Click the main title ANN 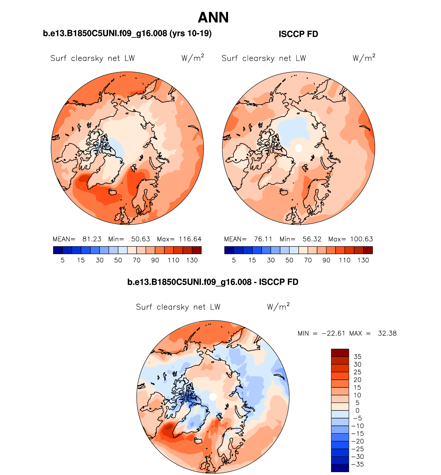(213, 18)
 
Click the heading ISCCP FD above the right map (298, 34)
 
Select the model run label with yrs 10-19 (127, 33)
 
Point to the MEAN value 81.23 (92, 239)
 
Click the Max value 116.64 (190, 239)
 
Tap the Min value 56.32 (312, 239)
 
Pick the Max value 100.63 (361, 239)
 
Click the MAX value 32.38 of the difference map (387, 333)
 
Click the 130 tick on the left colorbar (192, 260)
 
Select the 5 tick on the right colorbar (234, 260)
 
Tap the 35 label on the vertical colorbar (357, 357)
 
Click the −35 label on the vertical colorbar (357, 464)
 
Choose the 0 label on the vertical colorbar (357, 410)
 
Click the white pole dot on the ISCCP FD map (298, 148)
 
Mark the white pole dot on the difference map (213, 397)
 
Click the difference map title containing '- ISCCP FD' (213, 282)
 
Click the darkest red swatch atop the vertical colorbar (340, 353)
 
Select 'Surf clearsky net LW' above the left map (93, 58)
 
